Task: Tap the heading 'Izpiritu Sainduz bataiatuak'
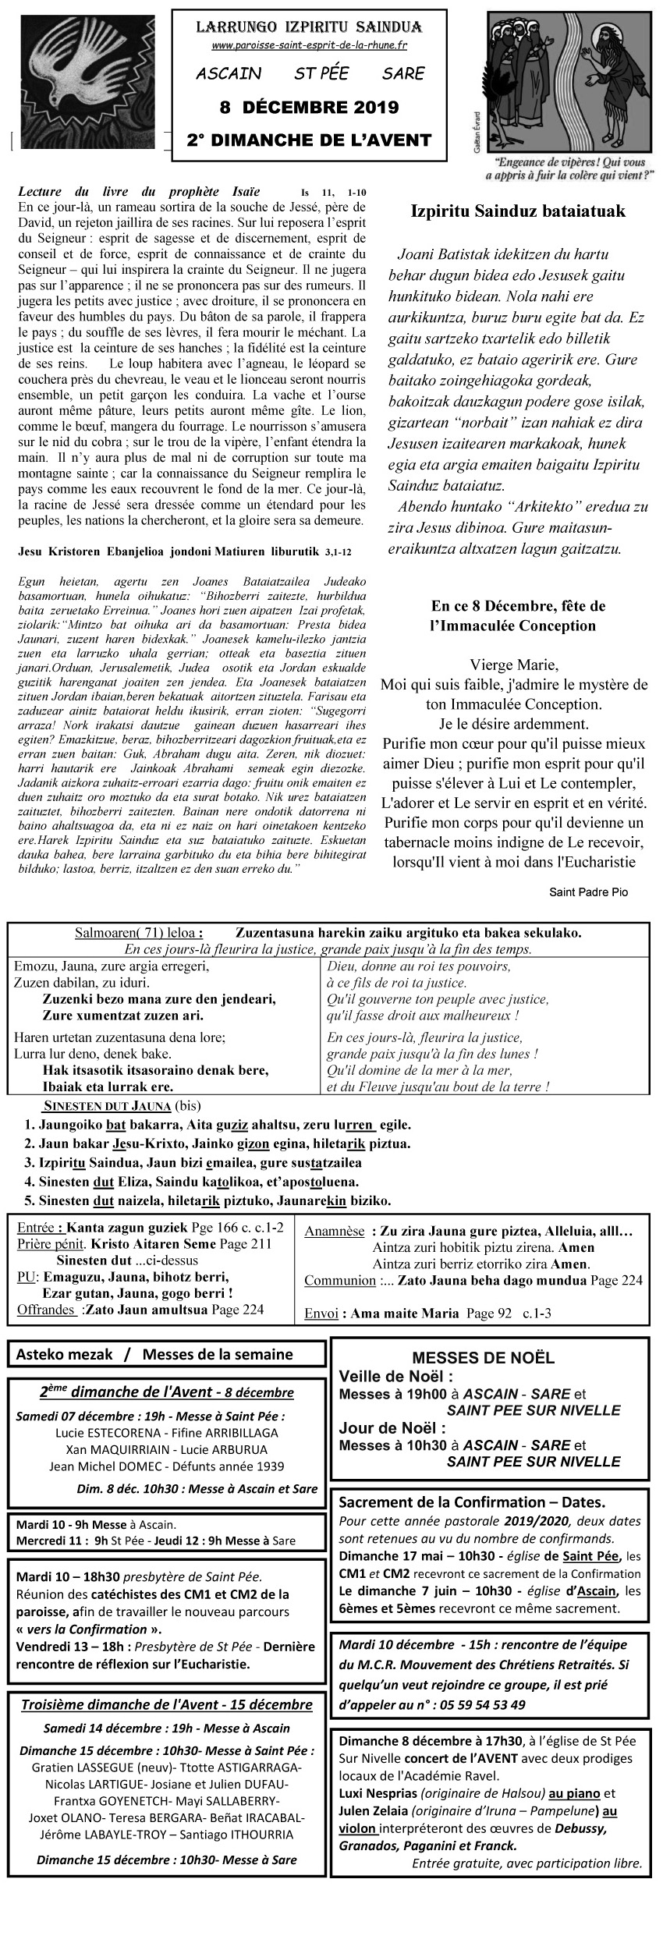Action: pyautogui.click(x=518, y=212)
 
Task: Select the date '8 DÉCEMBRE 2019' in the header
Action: pyautogui.click(x=309, y=107)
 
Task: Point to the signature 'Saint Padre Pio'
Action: pyautogui.click(x=588, y=892)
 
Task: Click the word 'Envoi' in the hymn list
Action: pyautogui.click(x=321, y=1314)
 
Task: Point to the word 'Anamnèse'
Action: pyautogui.click(x=334, y=1232)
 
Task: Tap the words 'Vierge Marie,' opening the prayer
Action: pyautogui.click(x=514, y=665)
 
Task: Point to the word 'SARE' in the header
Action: pyautogui.click(x=403, y=74)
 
